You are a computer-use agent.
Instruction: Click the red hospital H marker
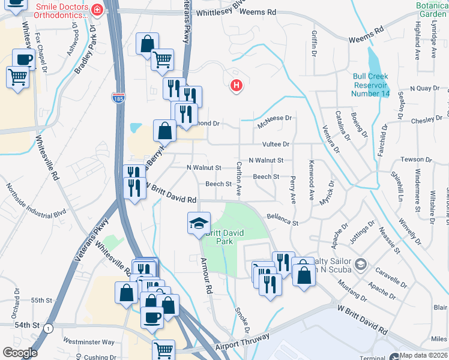[237, 86]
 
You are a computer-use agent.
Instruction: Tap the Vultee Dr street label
[276, 145]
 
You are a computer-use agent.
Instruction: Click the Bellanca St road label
[283, 219]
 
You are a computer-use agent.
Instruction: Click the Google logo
[20, 353]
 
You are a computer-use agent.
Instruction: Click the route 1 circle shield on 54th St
[49, 328]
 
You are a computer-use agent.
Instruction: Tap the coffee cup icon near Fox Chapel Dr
[24, 59]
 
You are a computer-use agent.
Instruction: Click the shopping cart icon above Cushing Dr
[163, 349]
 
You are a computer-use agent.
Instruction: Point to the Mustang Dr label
[353, 290]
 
